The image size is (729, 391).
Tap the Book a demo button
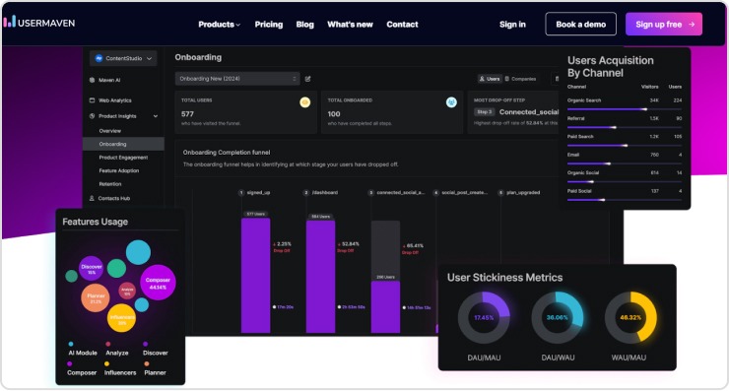point(580,24)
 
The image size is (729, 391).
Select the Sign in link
point(512,24)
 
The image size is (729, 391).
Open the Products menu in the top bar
point(219,24)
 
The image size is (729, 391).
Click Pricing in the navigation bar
point(268,24)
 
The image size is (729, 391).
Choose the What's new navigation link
point(350,24)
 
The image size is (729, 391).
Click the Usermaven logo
point(39,22)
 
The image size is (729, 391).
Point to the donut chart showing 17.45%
point(484,317)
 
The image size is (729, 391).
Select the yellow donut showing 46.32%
point(630,317)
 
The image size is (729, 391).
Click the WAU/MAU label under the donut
point(630,357)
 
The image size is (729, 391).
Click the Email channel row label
point(572,154)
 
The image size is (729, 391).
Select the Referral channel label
point(576,117)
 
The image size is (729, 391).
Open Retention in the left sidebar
point(110,183)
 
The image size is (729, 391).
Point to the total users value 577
point(188,114)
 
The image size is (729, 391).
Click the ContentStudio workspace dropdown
point(123,59)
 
